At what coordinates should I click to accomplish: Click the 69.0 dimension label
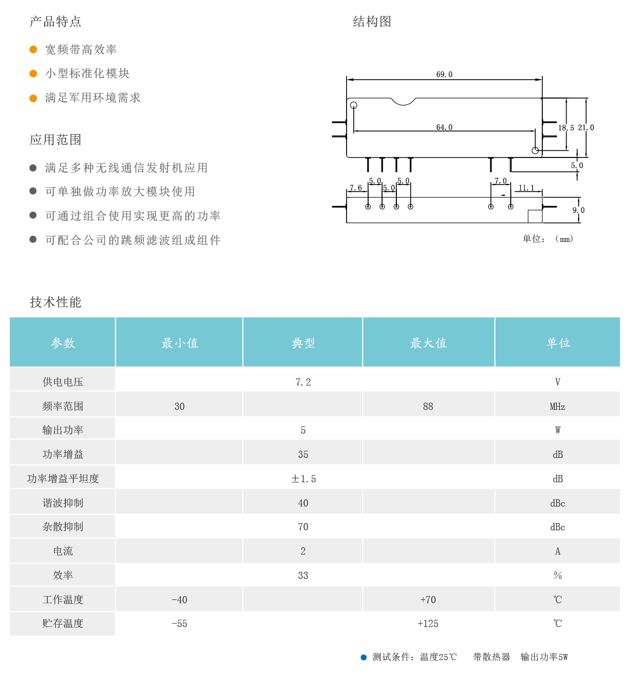pos(444,75)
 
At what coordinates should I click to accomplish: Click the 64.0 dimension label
pos(444,127)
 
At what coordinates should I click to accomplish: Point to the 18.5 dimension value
pos(566,128)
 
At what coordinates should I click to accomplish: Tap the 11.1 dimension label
pos(526,188)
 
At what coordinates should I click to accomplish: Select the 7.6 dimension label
pos(355,188)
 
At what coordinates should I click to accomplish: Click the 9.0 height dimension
pos(578,210)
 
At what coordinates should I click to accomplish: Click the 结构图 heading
pos(372,22)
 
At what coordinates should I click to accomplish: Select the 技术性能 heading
pos(55,302)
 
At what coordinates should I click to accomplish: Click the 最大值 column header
pos(428,342)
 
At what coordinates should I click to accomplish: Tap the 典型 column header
pos(303,342)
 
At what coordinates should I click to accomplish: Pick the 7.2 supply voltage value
pos(303,382)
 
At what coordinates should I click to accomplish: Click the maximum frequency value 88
pos(428,407)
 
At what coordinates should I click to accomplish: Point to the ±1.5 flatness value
pos(303,479)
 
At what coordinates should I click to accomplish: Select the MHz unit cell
pos(557,407)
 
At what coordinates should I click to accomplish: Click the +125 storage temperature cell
pos(428,624)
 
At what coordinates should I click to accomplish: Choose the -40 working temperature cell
pos(179,599)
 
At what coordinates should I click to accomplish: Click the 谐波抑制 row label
pos(62,503)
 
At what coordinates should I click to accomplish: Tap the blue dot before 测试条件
pos(363,657)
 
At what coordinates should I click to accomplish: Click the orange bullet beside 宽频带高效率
pos(33,50)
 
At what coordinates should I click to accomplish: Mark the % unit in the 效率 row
pos(557,575)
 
